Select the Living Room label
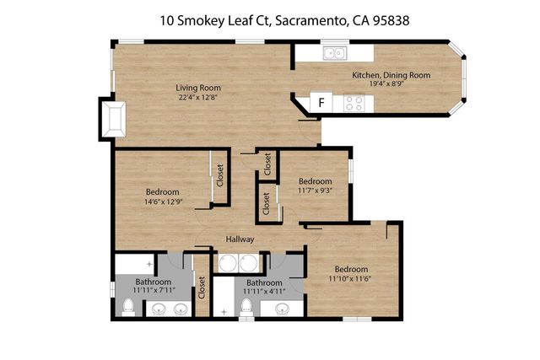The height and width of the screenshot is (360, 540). [197, 87]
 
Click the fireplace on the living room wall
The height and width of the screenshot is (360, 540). [113, 117]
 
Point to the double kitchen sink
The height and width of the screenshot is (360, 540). [335, 54]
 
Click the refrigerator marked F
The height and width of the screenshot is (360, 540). [321, 103]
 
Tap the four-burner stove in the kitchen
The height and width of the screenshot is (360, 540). [355, 103]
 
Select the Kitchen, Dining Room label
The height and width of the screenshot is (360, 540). [391, 75]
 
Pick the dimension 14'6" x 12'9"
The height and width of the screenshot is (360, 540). [163, 202]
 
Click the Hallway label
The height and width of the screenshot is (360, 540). [240, 239]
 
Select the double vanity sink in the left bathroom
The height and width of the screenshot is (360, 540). [169, 309]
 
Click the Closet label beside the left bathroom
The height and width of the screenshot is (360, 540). [202, 289]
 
